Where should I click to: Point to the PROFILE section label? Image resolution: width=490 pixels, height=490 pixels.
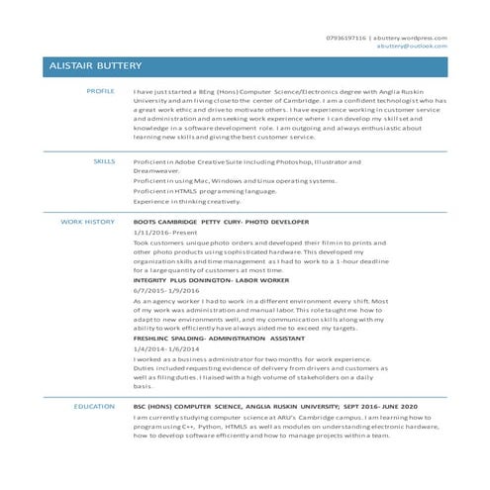101,90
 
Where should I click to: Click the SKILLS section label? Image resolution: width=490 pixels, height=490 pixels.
104,159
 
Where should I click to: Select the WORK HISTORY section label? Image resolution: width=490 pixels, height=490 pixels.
88,222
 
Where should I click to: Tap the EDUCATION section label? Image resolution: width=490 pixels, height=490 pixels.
94,407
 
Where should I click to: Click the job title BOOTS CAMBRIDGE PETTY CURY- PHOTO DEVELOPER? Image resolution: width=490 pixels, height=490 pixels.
221,222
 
